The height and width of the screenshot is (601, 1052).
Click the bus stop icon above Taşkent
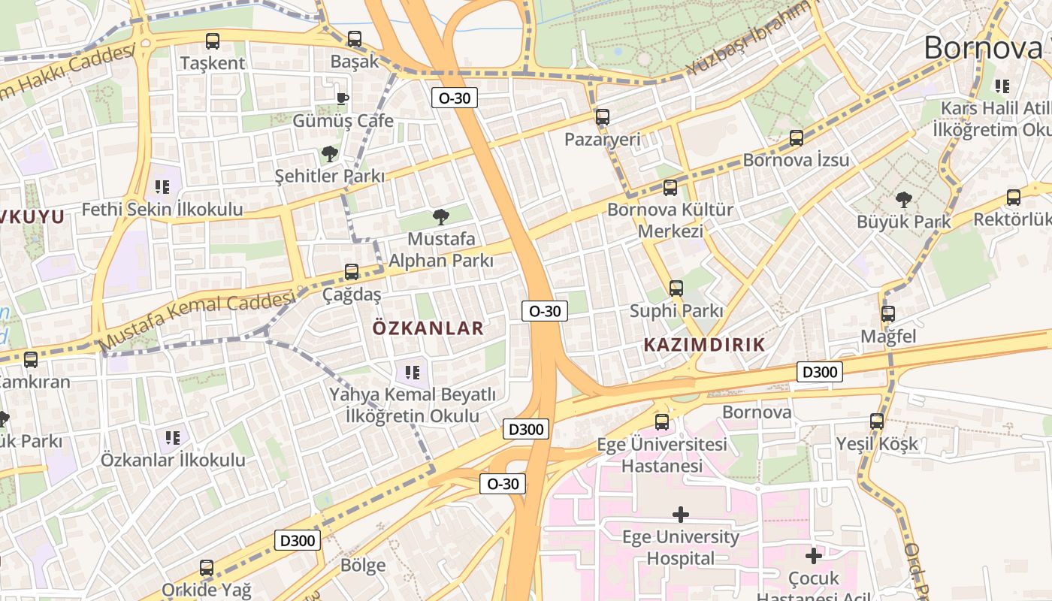pyautogui.click(x=213, y=41)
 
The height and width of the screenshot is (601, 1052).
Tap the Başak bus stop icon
pyautogui.click(x=355, y=39)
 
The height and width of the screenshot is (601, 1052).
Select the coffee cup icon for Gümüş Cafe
pyautogui.click(x=342, y=98)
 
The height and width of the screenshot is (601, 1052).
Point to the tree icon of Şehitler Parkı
pyautogui.click(x=329, y=155)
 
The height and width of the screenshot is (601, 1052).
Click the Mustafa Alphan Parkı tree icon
pyautogui.click(x=440, y=217)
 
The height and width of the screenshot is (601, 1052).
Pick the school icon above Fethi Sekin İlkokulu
pyautogui.click(x=162, y=186)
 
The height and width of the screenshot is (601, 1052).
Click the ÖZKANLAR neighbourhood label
pyautogui.click(x=428, y=328)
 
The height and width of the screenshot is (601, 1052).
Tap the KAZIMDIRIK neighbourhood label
pyautogui.click(x=704, y=345)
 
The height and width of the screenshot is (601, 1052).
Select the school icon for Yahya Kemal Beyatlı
pyautogui.click(x=412, y=372)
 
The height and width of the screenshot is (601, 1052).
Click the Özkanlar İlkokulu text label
pyautogui.click(x=173, y=460)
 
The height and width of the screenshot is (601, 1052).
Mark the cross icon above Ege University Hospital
pyautogui.click(x=681, y=515)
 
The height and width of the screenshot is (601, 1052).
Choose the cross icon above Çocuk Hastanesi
pyautogui.click(x=813, y=556)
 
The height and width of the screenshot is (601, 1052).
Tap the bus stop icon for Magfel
pyautogui.click(x=888, y=314)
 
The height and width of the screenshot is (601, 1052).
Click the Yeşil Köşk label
pyautogui.click(x=877, y=443)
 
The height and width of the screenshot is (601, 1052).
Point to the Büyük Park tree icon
pyautogui.click(x=903, y=200)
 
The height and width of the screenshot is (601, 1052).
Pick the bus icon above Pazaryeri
pyautogui.click(x=602, y=117)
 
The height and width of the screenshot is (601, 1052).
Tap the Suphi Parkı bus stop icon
pyautogui.click(x=676, y=288)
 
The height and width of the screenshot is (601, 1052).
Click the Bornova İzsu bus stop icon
pyautogui.click(x=797, y=138)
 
